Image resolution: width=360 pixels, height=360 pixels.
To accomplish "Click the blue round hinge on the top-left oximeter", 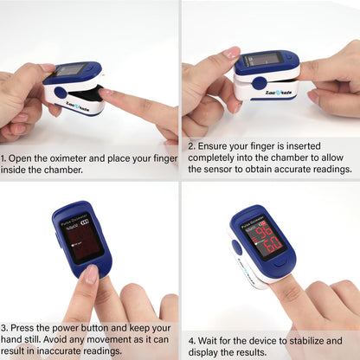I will (60, 92).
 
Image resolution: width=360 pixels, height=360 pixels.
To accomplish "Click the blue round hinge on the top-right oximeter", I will (259, 82).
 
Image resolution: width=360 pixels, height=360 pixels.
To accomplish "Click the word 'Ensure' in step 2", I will (213, 146).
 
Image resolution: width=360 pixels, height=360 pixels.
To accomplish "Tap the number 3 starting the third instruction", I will (4, 329).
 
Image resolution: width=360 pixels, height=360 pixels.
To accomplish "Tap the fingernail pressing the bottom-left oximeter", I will (89, 275).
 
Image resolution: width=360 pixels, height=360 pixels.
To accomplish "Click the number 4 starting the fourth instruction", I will (191, 340).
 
